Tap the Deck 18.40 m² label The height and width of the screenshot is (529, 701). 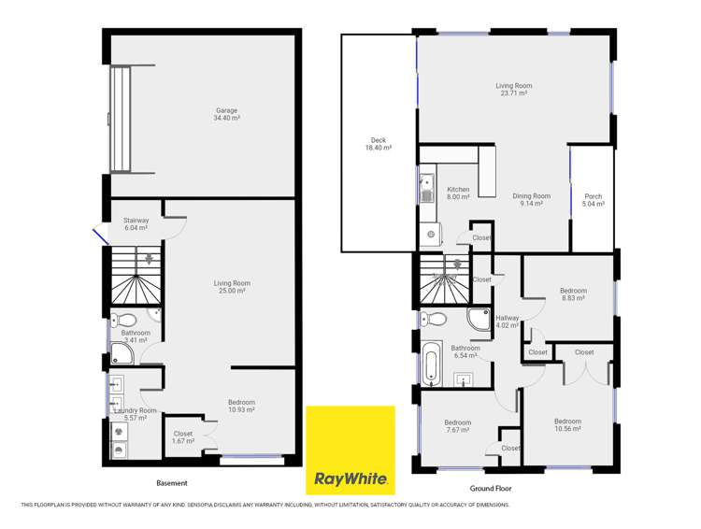pos(378,144)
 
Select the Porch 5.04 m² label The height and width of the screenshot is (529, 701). pos(594,200)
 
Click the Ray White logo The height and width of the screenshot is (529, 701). pos(350,450)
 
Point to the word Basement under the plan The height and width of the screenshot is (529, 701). pos(171,483)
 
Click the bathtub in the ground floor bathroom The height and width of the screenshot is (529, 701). pos(430,364)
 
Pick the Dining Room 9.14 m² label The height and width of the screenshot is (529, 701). pos(531,200)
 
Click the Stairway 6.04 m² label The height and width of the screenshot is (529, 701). pos(136,223)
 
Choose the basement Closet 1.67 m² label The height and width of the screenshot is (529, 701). pos(183,437)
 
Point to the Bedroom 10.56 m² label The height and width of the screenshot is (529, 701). pos(567,424)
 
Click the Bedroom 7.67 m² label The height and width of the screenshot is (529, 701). pos(458,426)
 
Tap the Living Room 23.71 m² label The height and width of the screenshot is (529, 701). pos(512,90)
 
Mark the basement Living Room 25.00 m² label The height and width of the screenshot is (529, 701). pos(232,287)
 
